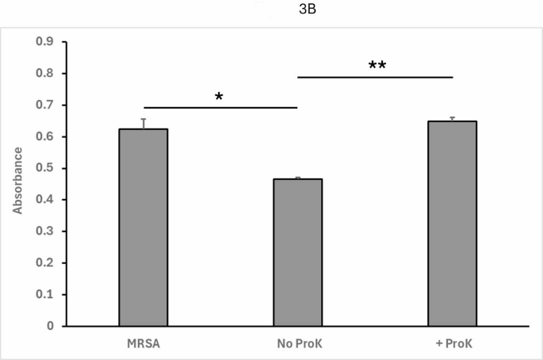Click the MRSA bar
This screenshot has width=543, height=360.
pyautogui.click(x=143, y=228)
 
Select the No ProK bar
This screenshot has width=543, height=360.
pyautogui.click(x=298, y=252)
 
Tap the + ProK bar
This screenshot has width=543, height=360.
pyautogui.click(x=452, y=224)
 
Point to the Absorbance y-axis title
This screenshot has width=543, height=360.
pyautogui.click(x=17, y=183)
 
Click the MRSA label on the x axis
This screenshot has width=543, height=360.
pyautogui.click(x=143, y=343)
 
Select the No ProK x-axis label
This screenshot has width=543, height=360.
pyautogui.click(x=298, y=343)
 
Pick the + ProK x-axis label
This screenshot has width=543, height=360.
pyautogui.click(x=452, y=343)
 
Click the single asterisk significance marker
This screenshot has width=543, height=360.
pyautogui.click(x=219, y=97)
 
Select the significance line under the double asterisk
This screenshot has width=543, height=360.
pyautogui.click(x=375, y=77)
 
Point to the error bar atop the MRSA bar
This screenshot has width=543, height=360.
pyautogui.click(x=143, y=123)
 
